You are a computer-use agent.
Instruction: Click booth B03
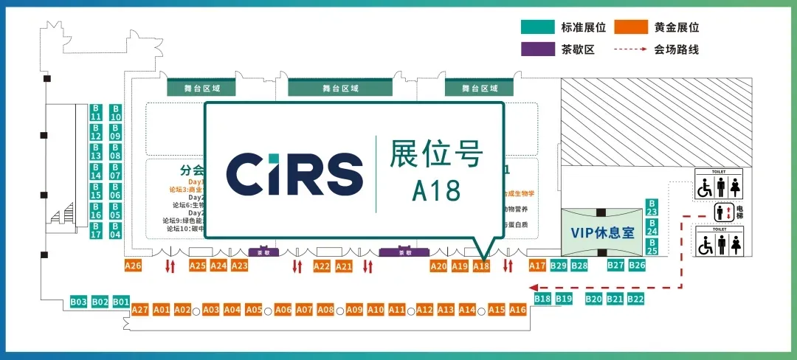[x=79, y=302]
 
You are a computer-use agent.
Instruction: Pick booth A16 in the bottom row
[x=518, y=310]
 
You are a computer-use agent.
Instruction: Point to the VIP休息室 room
[x=602, y=232]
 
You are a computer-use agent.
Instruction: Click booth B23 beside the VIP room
[x=652, y=207]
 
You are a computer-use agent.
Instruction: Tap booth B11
[x=96, y=112]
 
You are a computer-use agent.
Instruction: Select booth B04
[x=115, y=230]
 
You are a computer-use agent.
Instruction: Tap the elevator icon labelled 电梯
[x=724, y=212]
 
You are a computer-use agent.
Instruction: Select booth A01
[x=162, y=310]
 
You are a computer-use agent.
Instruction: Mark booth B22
[x=636, y=299]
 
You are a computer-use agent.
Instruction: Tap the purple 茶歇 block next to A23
[x=259, y=252]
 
